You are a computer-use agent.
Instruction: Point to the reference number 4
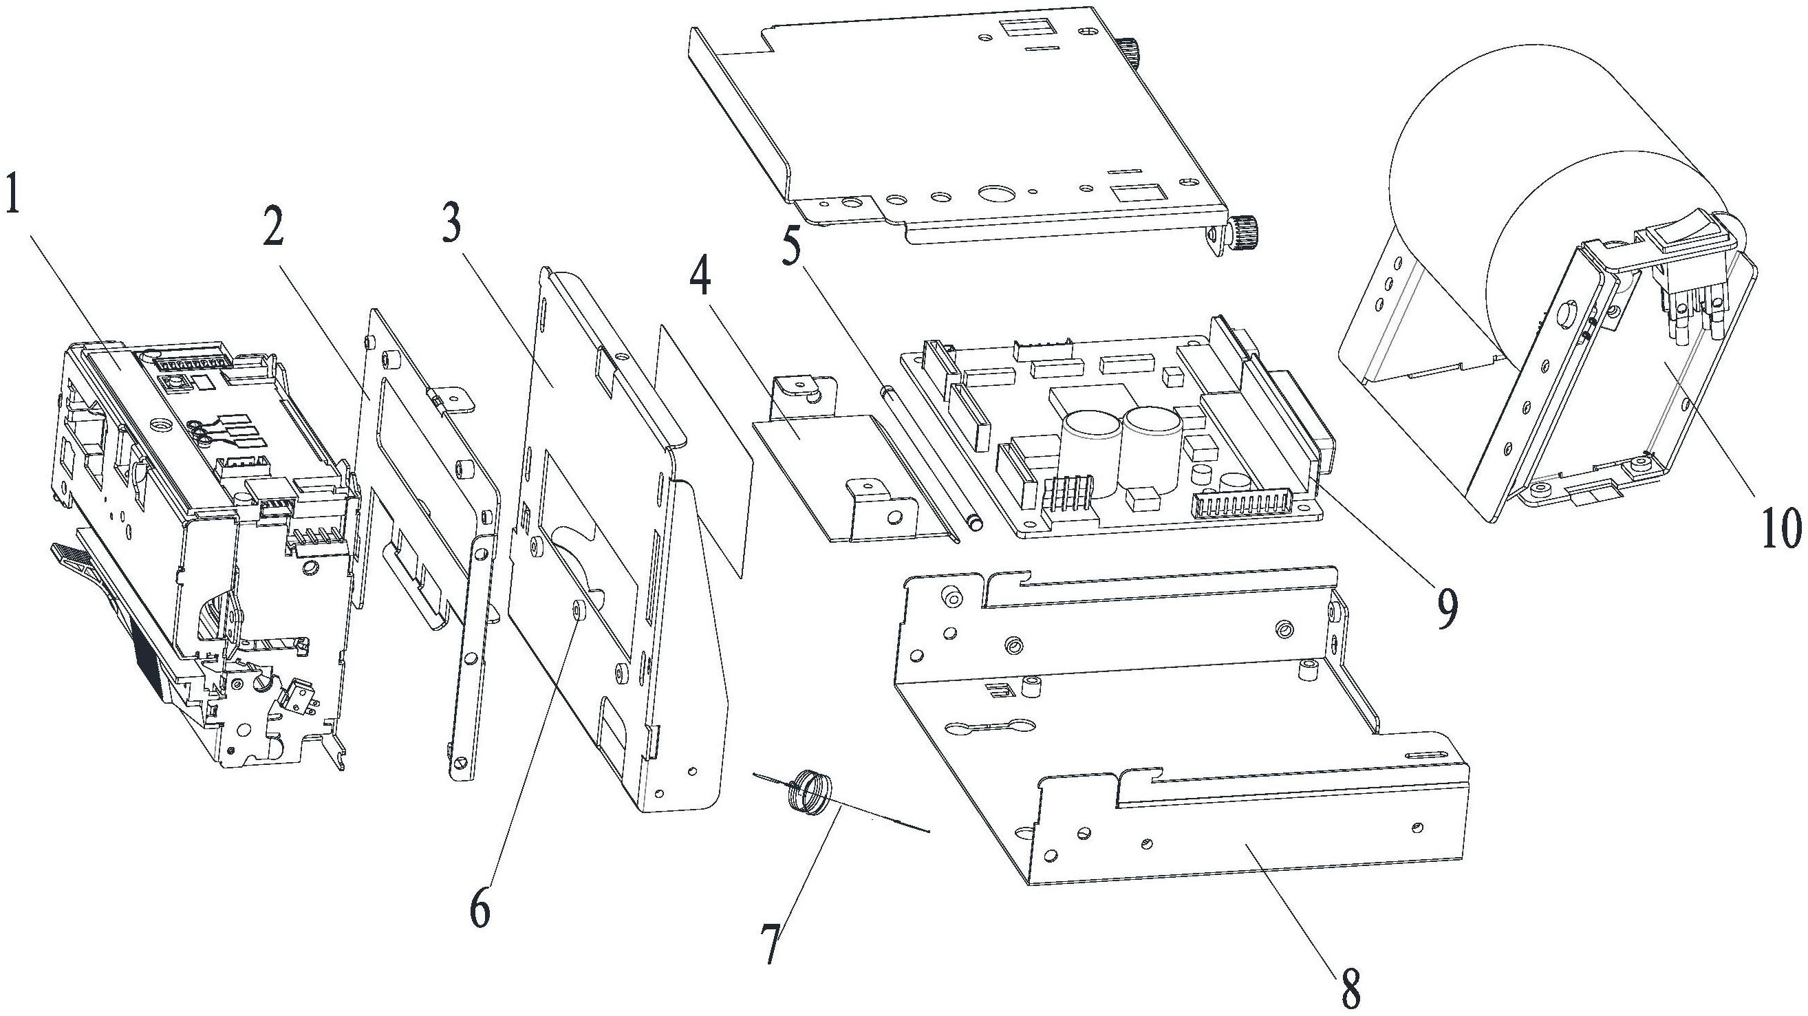(700, 279)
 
